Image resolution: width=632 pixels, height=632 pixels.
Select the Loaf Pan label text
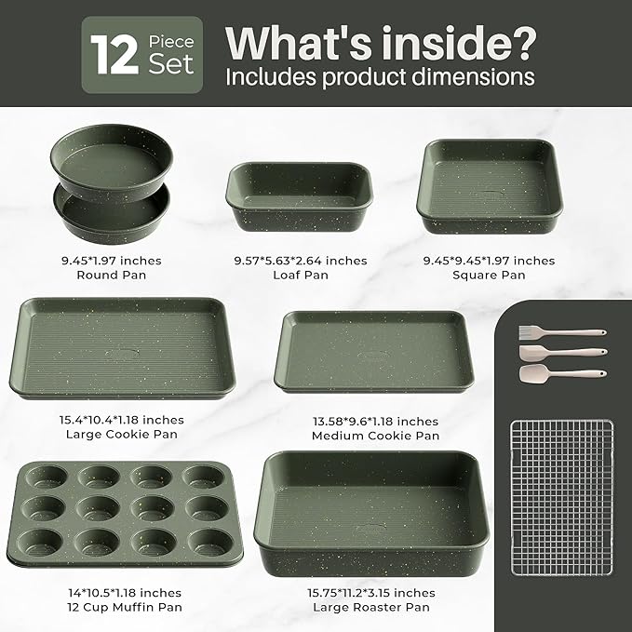pyautogui.click(x=299, y=276)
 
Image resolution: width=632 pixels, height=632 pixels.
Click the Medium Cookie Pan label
pyautogui.click(x=375, y=436)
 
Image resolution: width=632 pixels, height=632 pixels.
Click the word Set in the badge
pyautogui.click(x=171, y=65)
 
